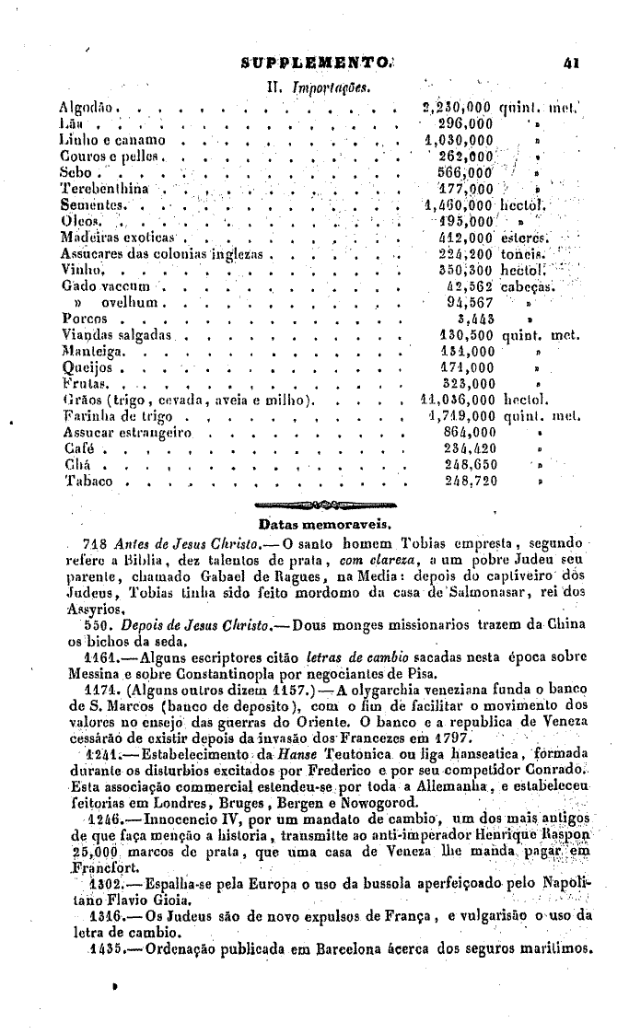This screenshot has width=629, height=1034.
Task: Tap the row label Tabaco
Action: [87, 481]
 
